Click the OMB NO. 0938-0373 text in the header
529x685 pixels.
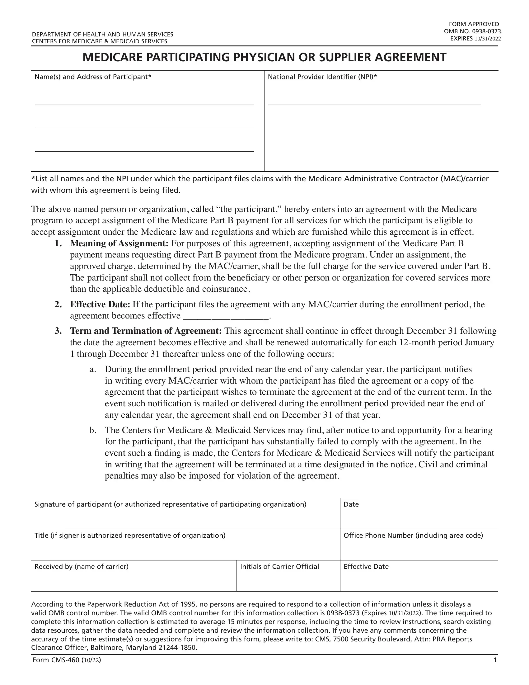pyautogui.click(x=472, y=31)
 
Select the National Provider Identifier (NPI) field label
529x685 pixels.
pyautogui.click(x=322, y=77)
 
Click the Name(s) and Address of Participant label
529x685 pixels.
pyautogui.click(x=93, y=77)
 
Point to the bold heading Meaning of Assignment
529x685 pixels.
pyautogui.click(x=119, y=243)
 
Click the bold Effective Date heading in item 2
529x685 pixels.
pyautogui.click(x=100, y=304)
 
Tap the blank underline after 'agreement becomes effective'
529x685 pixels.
pyautogui.click(x=226, y=316)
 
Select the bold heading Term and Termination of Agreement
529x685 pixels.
pyautogui.click(x=146, y=331)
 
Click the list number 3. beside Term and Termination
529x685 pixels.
pyautogui.click(x=58, y=331)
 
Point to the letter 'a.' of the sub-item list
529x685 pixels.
pyautogui.click(x=92, y=369)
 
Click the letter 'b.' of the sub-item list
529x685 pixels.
pyautogui.click(x=93, y=430)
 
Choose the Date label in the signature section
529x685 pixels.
pyautogui.click(x=351, y=504)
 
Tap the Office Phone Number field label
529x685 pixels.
pyautogui.click(x=413, y=536)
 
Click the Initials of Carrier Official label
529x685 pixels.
pyautogui.click(x=279, y=566)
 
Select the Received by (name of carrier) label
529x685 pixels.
pyautogui.click(x=82, y=566)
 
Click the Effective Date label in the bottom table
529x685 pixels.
pyautogui.click(x=366, y=566)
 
